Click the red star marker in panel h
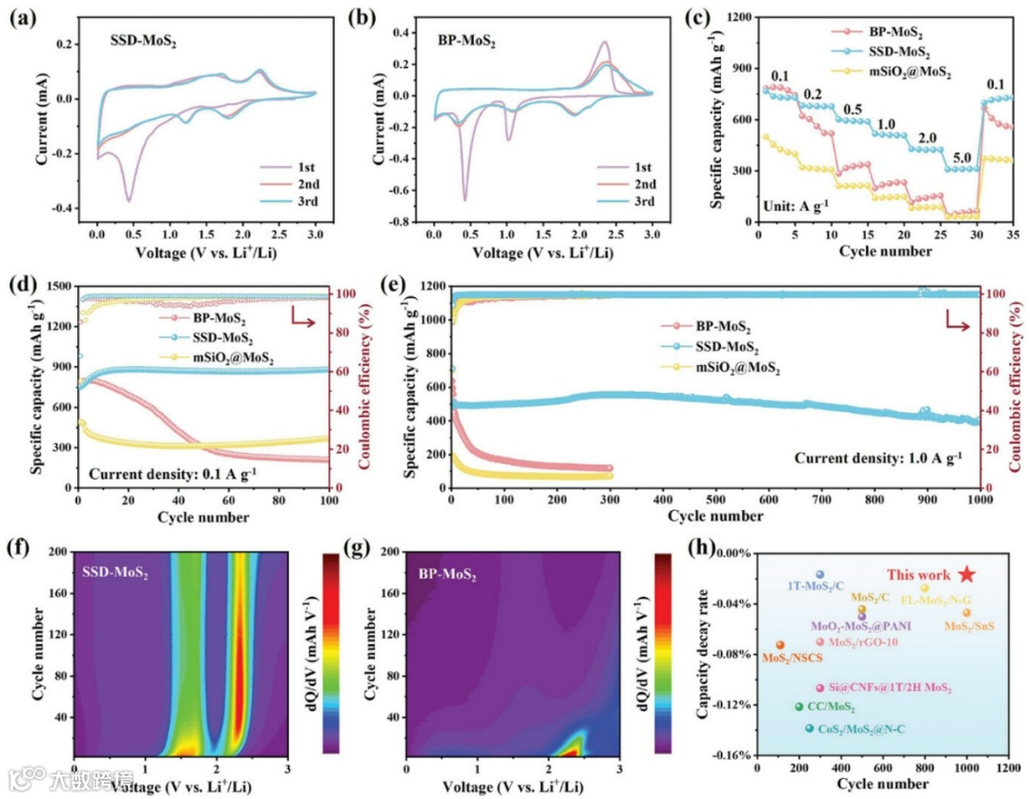[x=967, y=573]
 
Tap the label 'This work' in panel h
[x=918, y=575]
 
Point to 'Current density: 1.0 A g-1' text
[x=879, y=458]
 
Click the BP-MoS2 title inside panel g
[x=448, y=574]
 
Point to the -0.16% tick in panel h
[x=730, y=755]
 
